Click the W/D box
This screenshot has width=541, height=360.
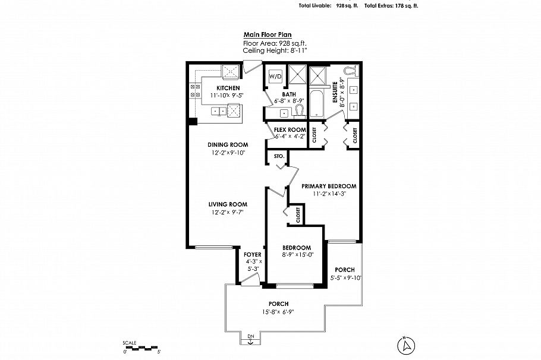275,77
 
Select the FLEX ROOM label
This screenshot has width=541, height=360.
290,130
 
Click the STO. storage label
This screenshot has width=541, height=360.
278,156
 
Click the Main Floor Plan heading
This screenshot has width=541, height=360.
267,35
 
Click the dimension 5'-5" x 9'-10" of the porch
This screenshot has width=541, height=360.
346,277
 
